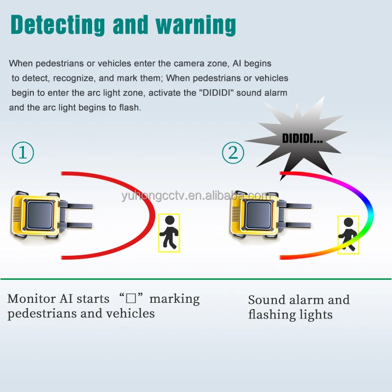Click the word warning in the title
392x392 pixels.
point(196,25)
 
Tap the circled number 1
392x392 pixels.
point(23,152)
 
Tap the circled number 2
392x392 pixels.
point(233,152)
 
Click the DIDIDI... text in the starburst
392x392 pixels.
point(302,138)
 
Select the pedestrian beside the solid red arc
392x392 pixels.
point(169,233)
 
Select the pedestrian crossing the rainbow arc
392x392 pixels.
point(348,235)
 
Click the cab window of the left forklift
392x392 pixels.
point(40,215)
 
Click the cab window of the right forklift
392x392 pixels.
point(259,215)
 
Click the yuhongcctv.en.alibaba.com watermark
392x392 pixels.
point(196,195)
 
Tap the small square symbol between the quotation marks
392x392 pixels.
point(131,298)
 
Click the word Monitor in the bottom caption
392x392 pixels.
point(31,298)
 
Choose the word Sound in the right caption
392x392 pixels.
point(267,300)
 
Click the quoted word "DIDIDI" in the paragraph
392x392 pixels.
point(216,93)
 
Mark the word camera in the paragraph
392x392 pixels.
point(189,64)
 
